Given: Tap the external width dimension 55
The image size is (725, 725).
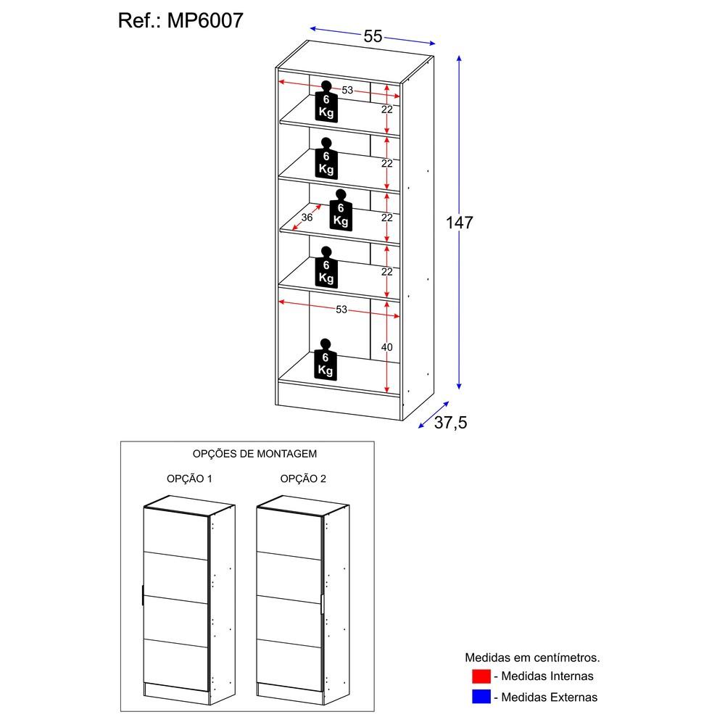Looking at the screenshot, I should click(373, 36).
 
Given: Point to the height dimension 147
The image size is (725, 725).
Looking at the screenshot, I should click(459, 223).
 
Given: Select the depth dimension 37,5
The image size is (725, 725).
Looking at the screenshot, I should click(450, 423).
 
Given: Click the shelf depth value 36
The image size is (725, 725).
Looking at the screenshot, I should click(307, 217).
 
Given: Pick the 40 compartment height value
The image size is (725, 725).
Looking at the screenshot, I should click(386, 348).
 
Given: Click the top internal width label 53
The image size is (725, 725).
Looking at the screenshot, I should click(347, 90).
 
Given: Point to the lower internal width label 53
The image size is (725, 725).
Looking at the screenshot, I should click(341, 310).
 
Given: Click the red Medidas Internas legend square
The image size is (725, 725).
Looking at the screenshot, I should click(481, 676).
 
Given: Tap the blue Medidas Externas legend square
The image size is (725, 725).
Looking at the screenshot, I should click(481, 697).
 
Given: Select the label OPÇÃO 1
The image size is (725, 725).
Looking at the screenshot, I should click(189, 478).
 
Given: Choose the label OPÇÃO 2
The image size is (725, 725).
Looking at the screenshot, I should click(303, 478).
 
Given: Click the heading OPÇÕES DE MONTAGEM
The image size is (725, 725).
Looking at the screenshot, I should click(254, 454).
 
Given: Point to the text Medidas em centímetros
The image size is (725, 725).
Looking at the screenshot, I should click(532, 658).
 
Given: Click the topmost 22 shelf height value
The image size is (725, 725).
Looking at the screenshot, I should click(386, 109).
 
